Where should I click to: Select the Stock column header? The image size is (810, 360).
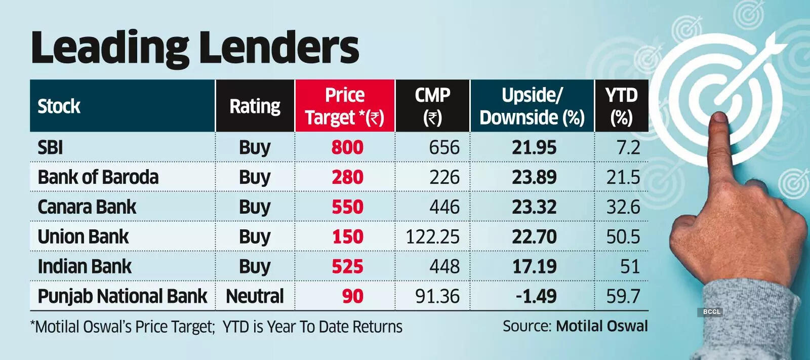coord(59,106)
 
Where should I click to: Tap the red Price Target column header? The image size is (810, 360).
coord(345,106)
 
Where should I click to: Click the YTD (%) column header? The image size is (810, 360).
coord(621,106)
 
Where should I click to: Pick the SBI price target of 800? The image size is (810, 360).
coord(347,147)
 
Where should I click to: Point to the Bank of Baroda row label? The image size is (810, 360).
coord(98,177)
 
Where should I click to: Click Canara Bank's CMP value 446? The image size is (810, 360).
coord(444,207)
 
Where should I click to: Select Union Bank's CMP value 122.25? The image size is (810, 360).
coord(432,236)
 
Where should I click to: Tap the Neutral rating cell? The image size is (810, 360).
coord(255,296)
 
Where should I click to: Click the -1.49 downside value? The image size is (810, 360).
coord(536,296)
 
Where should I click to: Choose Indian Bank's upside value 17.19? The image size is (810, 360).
coord(534,266)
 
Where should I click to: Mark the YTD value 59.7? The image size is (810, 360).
coord(623,296)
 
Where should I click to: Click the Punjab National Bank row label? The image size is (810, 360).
coord(122,296)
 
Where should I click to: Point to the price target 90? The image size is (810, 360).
coord(352,296)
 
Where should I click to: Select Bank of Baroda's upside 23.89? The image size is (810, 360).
coord(534,177)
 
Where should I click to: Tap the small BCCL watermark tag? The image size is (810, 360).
coord(711,312)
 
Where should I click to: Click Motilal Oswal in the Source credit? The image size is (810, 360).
coord(601,326)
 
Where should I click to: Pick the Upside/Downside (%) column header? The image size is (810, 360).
coord(532,106)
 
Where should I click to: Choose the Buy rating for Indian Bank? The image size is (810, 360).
coord(255,266)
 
